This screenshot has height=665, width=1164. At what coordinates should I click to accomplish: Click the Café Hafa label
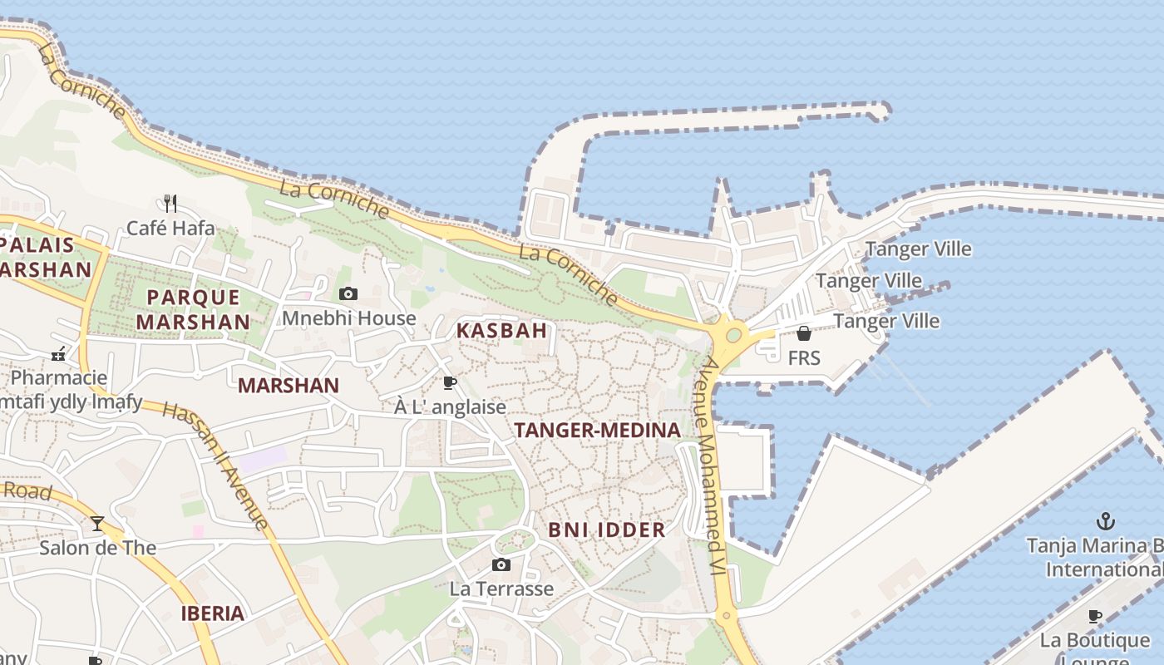[170, 228]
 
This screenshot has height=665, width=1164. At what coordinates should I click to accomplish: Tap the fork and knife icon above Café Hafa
[170, 204]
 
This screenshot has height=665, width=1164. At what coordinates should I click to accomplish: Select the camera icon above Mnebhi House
[348, 293]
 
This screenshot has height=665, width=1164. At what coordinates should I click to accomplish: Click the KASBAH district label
[501, 330]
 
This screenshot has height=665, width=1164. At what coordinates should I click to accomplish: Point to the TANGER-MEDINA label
[597, 430]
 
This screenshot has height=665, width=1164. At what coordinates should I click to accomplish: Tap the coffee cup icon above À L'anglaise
[450, 382]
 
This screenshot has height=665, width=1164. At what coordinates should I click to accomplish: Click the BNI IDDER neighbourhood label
[607, 530]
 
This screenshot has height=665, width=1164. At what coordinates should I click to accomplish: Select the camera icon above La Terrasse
[501, 565]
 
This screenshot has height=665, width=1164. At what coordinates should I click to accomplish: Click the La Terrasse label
[501, 589]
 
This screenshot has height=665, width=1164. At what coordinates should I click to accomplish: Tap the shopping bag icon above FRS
[804, 333]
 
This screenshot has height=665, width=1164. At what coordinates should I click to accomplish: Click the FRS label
[804, 357]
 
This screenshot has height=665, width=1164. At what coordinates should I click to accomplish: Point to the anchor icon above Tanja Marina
[1105, 521]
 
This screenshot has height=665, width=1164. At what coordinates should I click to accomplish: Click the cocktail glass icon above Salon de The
[97, 524]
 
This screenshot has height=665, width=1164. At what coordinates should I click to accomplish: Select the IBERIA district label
[213, 613]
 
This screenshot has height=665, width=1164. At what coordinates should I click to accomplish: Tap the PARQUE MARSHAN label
[193, 309]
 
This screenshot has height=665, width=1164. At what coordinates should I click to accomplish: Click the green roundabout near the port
[733, 335]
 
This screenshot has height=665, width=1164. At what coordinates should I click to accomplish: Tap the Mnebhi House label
[348, 318]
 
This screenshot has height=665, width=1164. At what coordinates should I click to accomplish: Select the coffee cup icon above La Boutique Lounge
[1095, 617]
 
